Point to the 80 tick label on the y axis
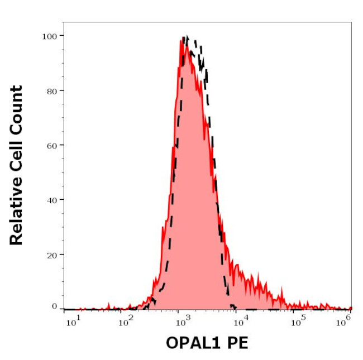coord(51,90)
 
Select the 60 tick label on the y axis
coord(51,145)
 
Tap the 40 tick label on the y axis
coord(51,199)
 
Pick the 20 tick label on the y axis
coord(51,254)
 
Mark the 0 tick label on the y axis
coord(54,306)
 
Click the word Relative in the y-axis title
coord(16,215)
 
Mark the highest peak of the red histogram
coord(183,39)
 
